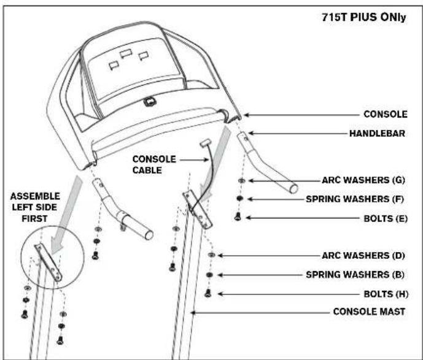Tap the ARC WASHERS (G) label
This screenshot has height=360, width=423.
[x=363, y=182]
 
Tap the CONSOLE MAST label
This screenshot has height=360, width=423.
[x=369, y=312]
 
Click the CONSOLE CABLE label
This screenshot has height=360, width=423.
[x=155, y=164]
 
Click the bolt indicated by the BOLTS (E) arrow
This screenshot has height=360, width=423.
[x=238, y=216]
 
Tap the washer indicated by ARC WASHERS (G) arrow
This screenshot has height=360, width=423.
[x=240, y=182]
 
